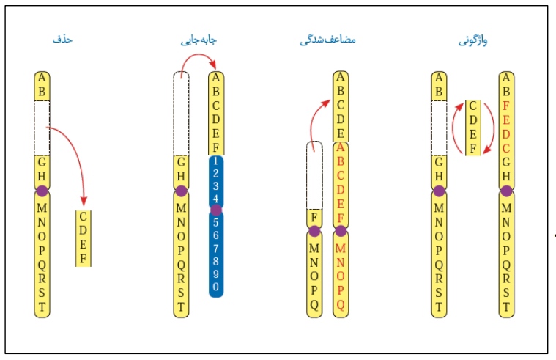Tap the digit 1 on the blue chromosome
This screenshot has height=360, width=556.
(x=215, y=161)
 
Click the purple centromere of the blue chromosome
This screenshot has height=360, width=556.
(x=215, y=210)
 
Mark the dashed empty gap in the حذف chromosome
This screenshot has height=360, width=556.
(x=42, y=128)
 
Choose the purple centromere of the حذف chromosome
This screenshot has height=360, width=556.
(x=42, y=191)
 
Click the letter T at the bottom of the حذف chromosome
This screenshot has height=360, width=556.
(x=42, y=308)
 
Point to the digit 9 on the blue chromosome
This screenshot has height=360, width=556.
(x=215, y=272)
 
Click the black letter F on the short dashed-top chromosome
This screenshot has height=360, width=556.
(x=314, y=218)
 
